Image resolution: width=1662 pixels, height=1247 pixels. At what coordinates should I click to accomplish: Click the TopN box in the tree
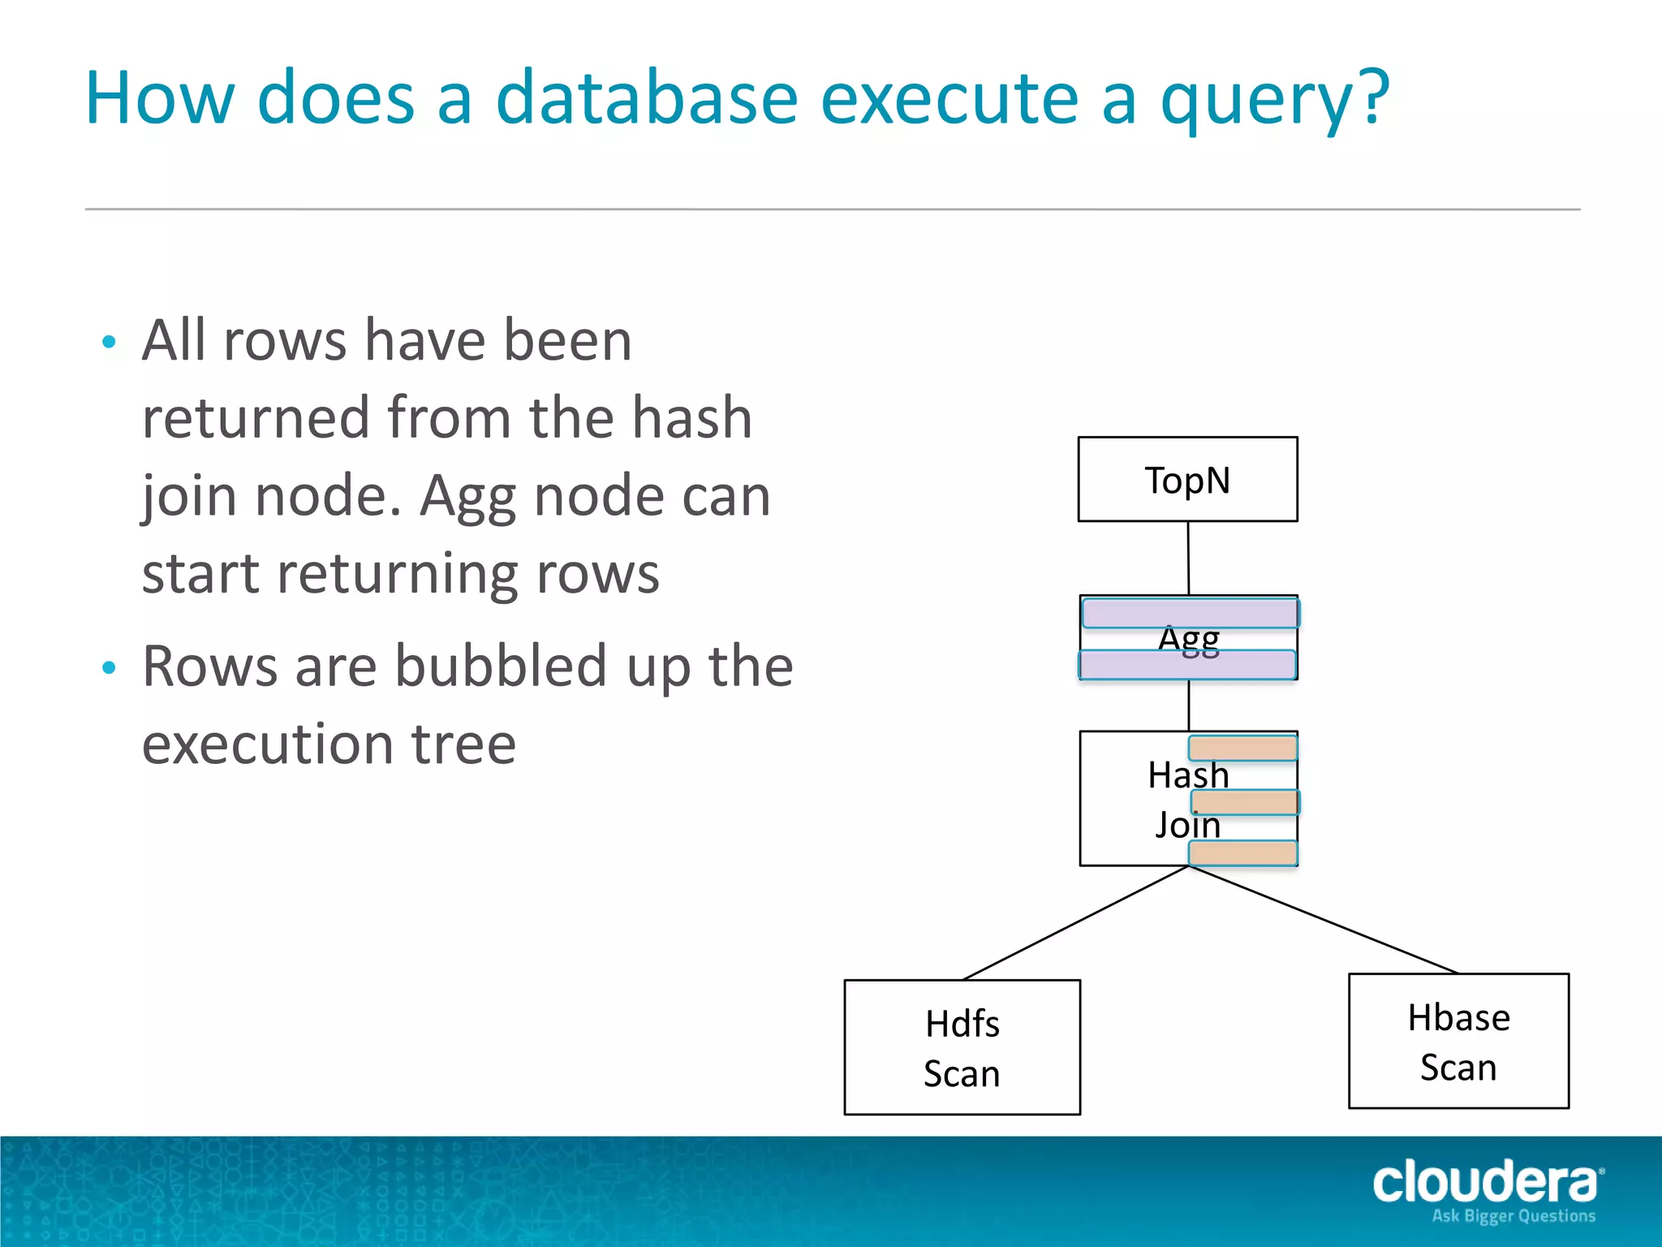pos(1187,480)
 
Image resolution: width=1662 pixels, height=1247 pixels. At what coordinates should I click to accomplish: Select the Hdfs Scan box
pos(962,1047)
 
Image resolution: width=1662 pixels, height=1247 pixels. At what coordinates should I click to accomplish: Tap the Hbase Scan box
pos(1458,1041)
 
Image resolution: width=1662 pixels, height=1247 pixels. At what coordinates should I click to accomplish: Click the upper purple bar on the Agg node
pos(1191,613)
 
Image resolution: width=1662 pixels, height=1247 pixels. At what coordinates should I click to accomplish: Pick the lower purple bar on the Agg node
pos(1187,665)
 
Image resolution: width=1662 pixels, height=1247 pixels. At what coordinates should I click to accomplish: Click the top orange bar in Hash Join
pos(1243,748)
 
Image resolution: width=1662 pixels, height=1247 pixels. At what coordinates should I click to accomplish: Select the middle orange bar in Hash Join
pos(1245,802)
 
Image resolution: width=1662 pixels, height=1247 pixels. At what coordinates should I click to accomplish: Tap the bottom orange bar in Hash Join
pos(1243,853)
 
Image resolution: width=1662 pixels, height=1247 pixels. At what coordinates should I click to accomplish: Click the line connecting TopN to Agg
pos(1188,558)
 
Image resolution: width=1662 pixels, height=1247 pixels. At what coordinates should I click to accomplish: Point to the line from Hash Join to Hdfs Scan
pos(1075,923)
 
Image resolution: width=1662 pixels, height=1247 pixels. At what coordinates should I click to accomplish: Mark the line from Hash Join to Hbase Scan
pos(1323,920)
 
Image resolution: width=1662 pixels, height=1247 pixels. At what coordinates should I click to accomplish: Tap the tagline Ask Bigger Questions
pos(1513,1216)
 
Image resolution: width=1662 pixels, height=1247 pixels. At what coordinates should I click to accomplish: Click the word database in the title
pos(647,98)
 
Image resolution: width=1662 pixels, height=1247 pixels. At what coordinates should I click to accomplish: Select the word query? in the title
pos(1275,98)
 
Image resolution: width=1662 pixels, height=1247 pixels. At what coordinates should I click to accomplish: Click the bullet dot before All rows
pos(110,342)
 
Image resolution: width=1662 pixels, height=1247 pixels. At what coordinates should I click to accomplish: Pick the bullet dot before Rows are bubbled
pos(110,668)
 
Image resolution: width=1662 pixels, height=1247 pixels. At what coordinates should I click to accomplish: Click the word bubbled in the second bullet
pos(501,666)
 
